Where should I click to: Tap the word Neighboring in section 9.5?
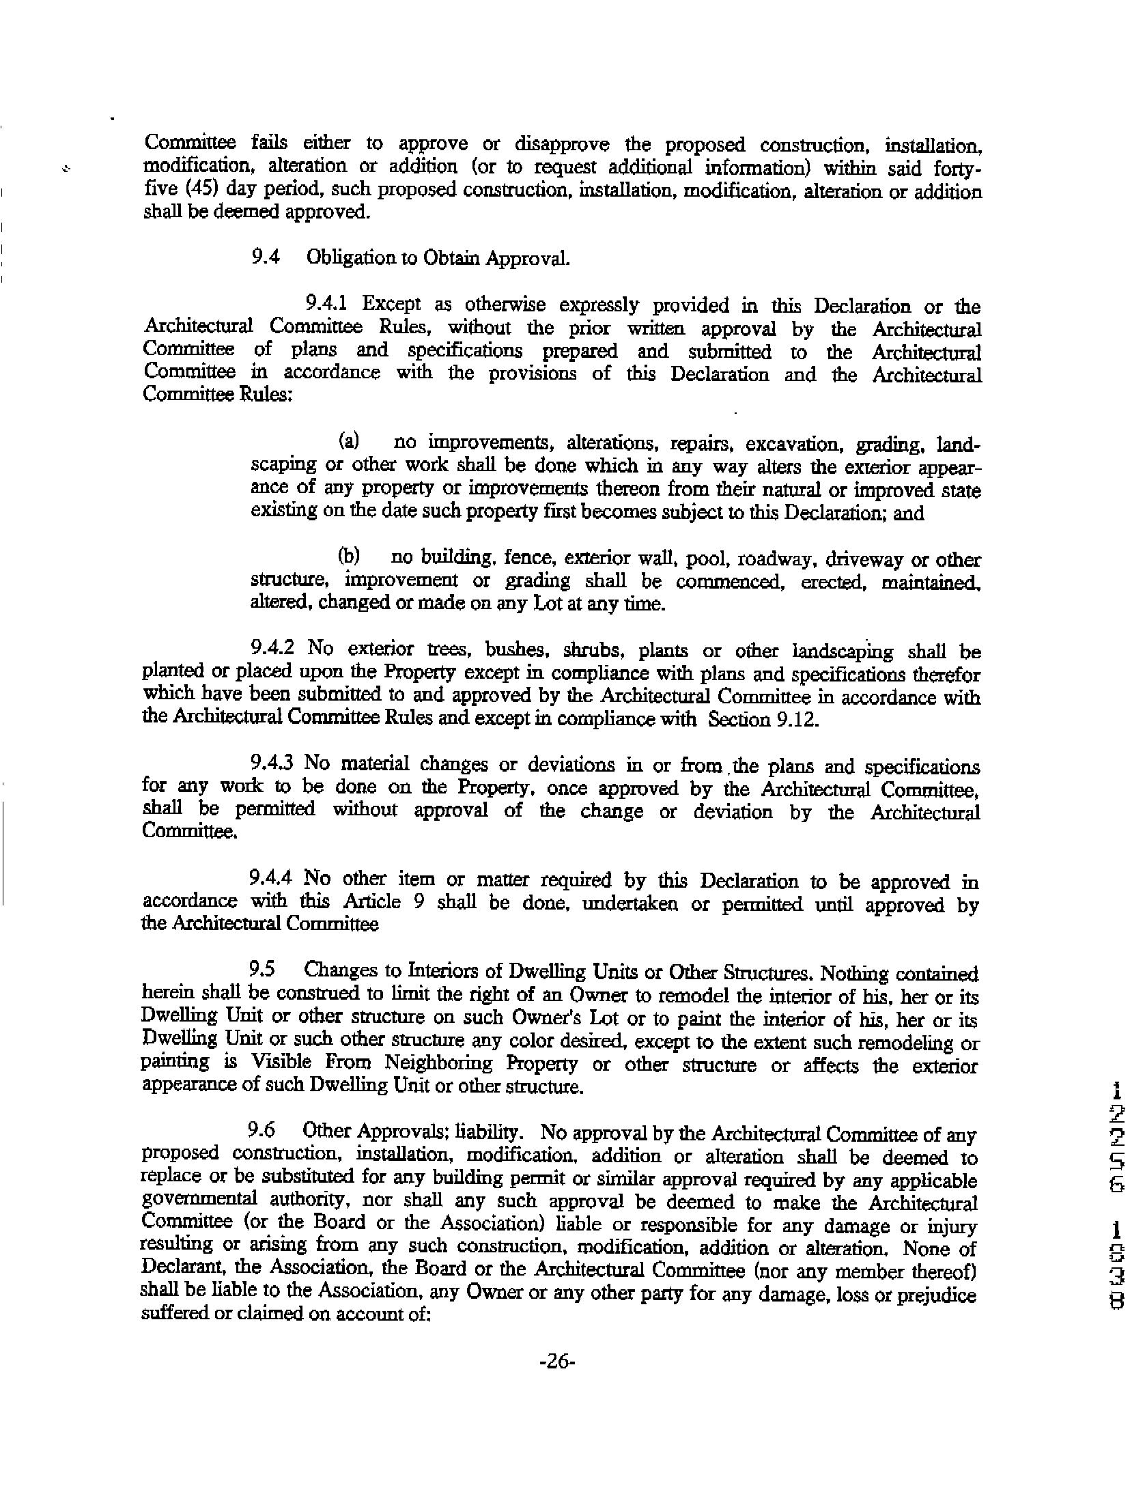tap(438, 1063)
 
